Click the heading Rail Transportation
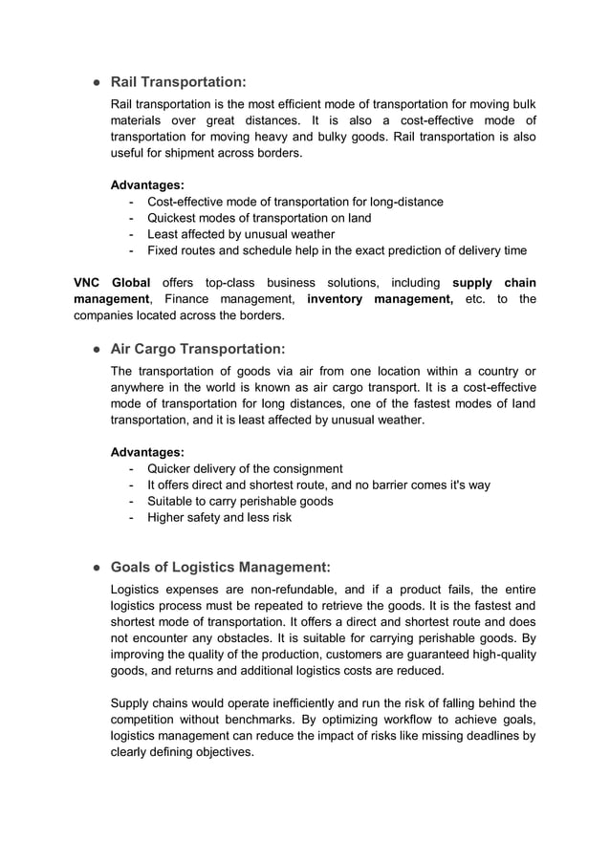179,82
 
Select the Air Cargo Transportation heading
198,350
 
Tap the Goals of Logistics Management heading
222,567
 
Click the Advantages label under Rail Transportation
148,184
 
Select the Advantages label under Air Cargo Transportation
148,451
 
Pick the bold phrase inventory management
381,299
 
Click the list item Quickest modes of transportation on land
259,218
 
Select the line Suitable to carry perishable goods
240,501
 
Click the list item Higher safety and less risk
219,517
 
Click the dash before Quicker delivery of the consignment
130,468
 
